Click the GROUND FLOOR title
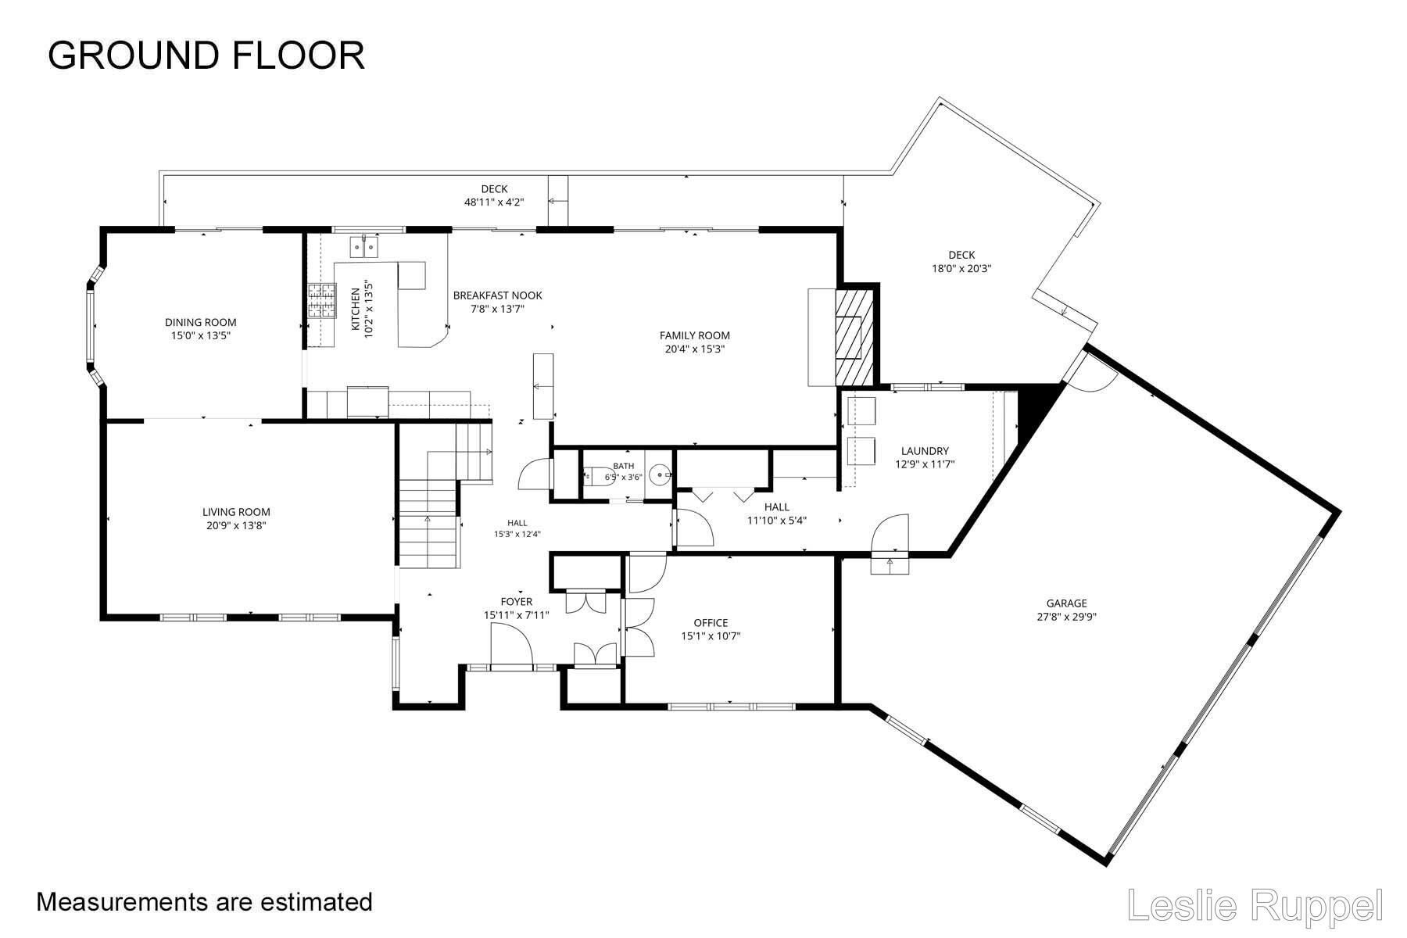[x=206, y=55]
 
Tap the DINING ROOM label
[x=200, y=322]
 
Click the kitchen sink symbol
[x=364, y=247]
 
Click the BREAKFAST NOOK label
[x=497, y=295]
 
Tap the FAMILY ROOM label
[x=695, y=335]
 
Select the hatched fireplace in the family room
[x=849, y=337]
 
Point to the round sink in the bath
[x=662, y=474]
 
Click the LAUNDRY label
[x=925, y=451]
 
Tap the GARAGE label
[x=1067, y=603]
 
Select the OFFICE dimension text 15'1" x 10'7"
[x=711, y=636]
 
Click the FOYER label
[x=516, y=602]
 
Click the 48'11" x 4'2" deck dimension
[x=494, y=202]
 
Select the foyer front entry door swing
[x=512, y=646]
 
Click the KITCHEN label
[x=356, y=308]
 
